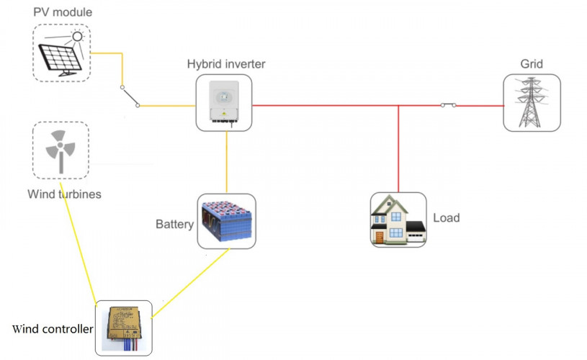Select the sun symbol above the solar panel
click(76, 36)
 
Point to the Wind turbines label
click(63, 194)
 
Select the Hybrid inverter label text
click(226, 64)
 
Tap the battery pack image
click(226, 222)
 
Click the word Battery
click(174, 224)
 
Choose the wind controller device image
click(124, 328)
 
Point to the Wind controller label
click(53, 329)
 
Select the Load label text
click(446, 218)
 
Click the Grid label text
click(532, 64)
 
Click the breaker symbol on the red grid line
click(448, 105)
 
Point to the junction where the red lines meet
click(398, 106)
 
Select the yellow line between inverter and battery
click(226, 162)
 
